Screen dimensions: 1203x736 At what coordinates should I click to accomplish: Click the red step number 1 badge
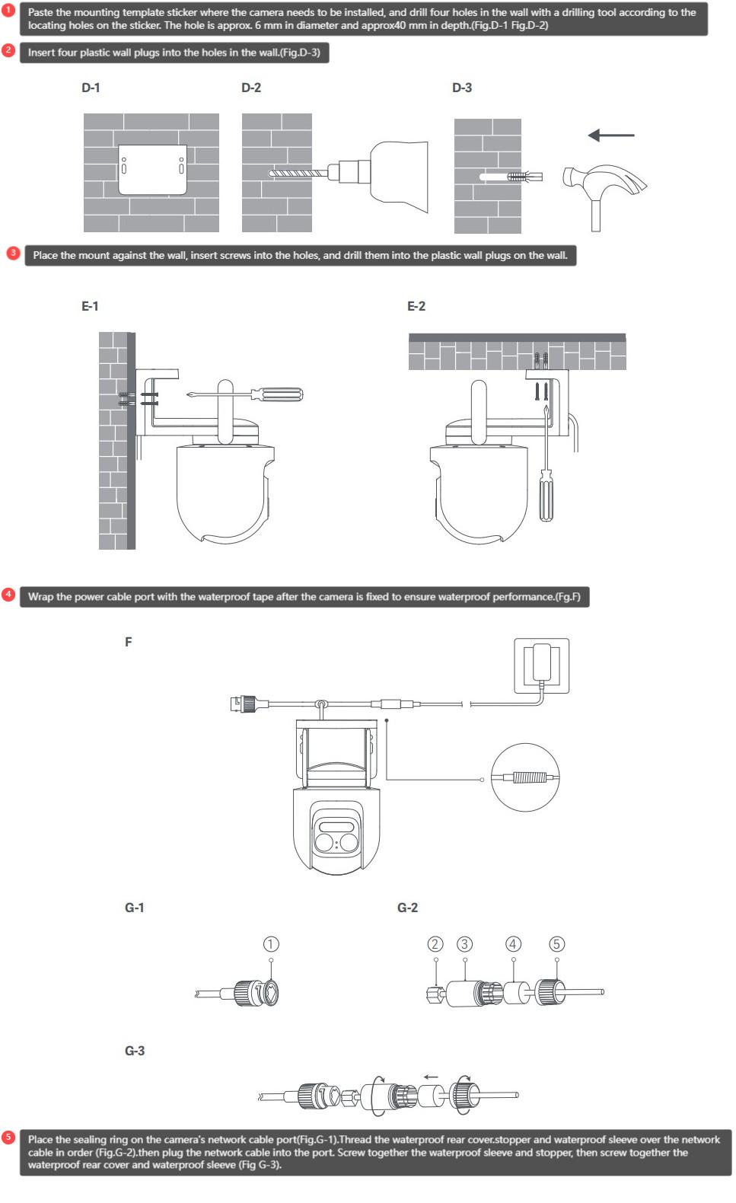(x=9, y=11)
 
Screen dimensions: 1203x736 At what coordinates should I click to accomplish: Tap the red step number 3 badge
(x=13, y=254)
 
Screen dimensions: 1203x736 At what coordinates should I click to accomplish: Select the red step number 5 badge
(x=9, y=1138)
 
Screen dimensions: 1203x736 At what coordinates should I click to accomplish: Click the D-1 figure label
(x=91, y=88)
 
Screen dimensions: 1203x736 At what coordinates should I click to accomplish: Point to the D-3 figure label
(x=462, y=88)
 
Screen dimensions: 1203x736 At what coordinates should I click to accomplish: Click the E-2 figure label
(x=416, y=306)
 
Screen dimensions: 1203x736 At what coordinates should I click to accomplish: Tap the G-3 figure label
(x=135, y=1051)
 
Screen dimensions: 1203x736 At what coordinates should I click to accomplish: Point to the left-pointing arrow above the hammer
(x=610, y=136)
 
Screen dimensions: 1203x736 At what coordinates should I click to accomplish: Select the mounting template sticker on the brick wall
(x=151, y=167)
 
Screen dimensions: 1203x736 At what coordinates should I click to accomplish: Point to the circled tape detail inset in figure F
(x=525, y=777)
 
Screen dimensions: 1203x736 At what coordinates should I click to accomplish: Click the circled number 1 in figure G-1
(x=271, y=944)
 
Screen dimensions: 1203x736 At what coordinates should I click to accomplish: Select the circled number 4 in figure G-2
(x=514, y=944)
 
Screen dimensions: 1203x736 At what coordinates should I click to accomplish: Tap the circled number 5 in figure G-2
(x=556, y=944)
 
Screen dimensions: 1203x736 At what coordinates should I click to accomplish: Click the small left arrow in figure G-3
(x=431, y=1077)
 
